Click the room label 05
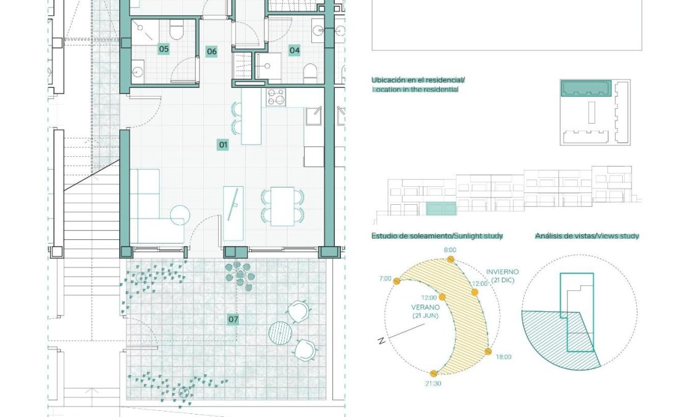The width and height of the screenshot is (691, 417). (x=163, y=49)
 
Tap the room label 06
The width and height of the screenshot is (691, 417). (x=211, y=51)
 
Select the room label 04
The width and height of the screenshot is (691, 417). (x=294, y=50)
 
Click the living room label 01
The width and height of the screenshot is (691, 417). (x=223, y=145)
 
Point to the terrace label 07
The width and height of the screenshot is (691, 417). (x=233, y=319)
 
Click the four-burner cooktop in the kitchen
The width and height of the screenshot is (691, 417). (x=276, y=98)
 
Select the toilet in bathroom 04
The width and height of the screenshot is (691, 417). (x=310, y=73)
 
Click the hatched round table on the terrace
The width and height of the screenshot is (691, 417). (x=280, y=332)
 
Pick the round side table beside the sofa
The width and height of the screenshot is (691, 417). (x=180, y=215)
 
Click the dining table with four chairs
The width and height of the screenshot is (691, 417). (x=283, y=206)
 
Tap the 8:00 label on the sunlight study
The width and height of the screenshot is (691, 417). (x=450, y=250)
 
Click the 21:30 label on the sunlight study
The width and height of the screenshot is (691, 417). (x=433, y=383)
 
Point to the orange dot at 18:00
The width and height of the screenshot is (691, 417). (x=488, y=351)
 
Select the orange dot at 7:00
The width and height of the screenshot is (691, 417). (x=397, y=281)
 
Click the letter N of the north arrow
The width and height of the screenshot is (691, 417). (x=381, y=340)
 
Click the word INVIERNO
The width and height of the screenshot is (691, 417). (x=502, y=272)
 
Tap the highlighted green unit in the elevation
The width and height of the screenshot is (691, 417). (x=440, y=208)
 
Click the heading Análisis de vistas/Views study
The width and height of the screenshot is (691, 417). (x=587, y=236)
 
